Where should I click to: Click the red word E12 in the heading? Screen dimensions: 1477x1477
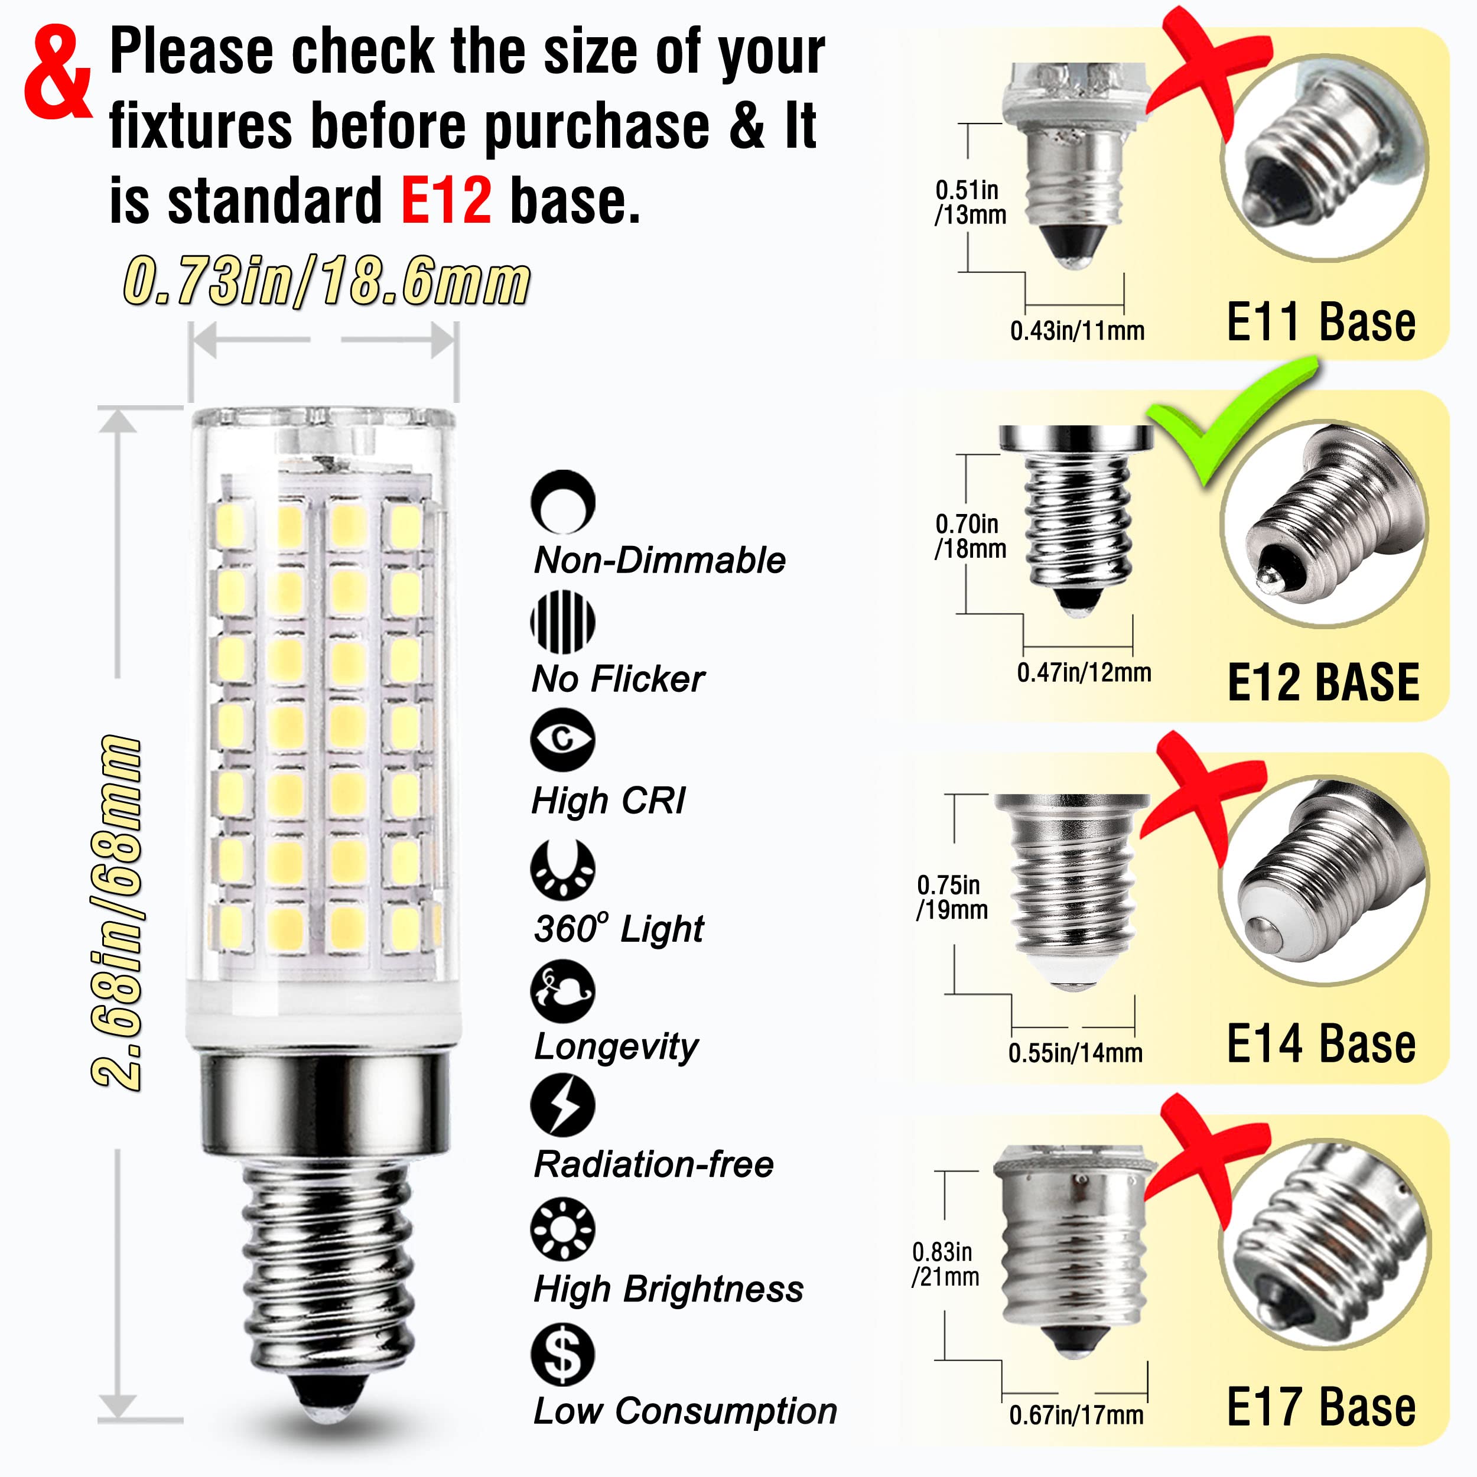(x=445, y=200)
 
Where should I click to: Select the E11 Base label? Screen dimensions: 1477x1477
(x=1320, y=322)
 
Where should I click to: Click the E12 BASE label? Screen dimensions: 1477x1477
(x=1323, y=683)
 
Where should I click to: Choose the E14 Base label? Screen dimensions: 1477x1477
(x=1320, y=1045)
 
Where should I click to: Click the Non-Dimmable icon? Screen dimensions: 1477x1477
(x=562, y=502)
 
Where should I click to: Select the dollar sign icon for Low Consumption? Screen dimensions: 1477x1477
(x=562, y=1354)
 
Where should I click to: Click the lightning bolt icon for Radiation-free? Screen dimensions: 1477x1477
(x=562, y=1105)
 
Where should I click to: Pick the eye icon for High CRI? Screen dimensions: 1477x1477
(x=562, y=739)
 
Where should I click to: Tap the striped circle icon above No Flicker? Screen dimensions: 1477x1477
(x=562, y=622)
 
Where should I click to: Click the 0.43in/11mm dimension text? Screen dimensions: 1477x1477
(x=1077, y=331)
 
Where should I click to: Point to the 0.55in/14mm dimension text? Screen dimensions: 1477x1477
(x=1075, y=1053)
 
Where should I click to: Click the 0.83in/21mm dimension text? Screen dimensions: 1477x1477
(x=945, y=1264)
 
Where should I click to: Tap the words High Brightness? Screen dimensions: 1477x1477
(x=668, y=1289)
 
